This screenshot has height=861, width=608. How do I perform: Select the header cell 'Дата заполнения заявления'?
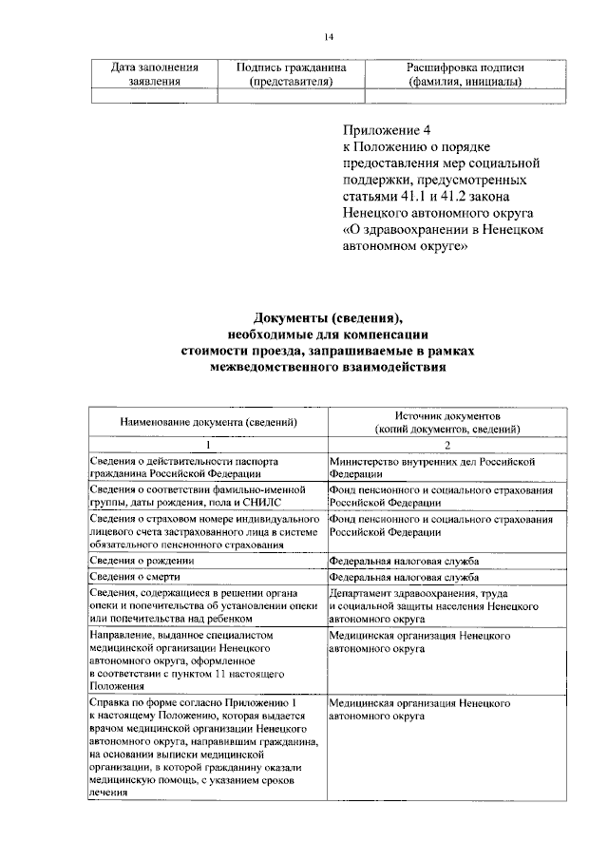(x=155, y=75)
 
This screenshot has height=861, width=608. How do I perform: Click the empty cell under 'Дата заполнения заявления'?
(x=155, y=95)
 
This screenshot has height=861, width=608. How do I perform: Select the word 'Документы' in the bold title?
(x=288, y=317)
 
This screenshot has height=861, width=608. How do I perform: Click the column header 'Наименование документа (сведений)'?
(x=208, y=422)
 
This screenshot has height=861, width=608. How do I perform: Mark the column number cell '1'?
(x=208, y=446)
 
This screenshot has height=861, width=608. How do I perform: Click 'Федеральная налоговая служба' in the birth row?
(x=404, y=561)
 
